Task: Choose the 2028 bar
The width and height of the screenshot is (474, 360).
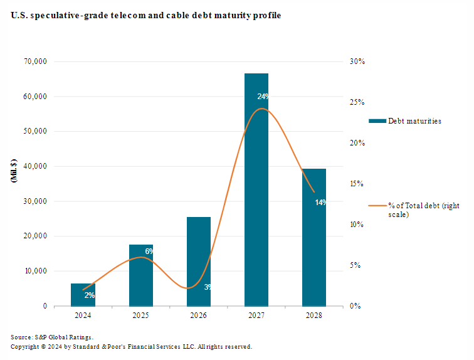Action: point(313,251)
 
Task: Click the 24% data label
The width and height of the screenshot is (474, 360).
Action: point(263,97)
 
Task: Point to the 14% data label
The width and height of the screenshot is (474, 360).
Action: point(320,202)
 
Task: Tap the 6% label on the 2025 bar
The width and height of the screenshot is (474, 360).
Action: point(149,251)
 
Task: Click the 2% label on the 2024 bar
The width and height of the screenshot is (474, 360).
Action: point(89,295)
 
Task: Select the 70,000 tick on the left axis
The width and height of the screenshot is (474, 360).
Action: point(36,61)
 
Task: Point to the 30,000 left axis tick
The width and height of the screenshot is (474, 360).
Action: point(36,201)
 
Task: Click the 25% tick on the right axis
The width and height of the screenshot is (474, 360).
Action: point(357,102)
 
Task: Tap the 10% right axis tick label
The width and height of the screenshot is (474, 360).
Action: point(357,225)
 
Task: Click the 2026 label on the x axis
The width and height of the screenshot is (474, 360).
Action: point(198,315)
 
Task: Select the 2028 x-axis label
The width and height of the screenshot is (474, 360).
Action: point(313,315)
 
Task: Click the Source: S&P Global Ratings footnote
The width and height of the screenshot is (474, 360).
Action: point(52,337)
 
